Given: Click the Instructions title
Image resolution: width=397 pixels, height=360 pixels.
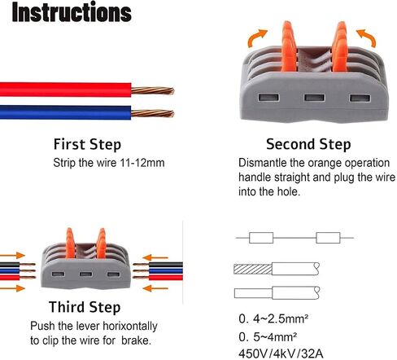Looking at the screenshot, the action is [72, 12].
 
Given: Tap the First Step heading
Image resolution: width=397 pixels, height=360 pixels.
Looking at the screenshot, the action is [87, 144].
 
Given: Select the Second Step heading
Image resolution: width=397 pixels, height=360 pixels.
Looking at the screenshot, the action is [308, 144].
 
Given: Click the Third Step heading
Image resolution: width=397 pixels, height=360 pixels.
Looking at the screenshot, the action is [85, 307].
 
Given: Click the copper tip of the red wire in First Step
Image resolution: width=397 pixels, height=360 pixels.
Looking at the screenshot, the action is [153, 90].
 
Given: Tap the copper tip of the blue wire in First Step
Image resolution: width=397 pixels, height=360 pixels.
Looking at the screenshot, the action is [153, 113].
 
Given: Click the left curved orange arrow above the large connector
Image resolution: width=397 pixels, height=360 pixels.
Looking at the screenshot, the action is [256, 38].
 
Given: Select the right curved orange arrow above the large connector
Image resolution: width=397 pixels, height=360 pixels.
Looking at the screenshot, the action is [367, 37].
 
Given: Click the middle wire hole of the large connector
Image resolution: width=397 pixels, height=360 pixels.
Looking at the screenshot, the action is [314, 98].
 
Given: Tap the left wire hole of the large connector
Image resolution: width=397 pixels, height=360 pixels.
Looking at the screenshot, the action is [268, 97].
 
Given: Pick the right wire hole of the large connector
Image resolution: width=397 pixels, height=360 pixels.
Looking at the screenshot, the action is [360, 98].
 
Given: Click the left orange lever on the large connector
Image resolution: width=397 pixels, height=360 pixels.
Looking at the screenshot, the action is [289, 46].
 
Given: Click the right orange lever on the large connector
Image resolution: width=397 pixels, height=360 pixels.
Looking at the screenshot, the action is [339, 46].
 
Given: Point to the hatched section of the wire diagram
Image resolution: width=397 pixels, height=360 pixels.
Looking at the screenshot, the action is [253, 269].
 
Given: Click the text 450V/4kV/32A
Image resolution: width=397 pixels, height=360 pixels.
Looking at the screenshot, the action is [281, 354].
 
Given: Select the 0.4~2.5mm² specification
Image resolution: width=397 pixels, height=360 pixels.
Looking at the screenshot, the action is [273, 318].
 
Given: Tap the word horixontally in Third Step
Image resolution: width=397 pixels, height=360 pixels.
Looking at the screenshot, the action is [130, 327].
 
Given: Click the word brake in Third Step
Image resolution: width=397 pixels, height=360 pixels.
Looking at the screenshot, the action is [136, 340].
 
